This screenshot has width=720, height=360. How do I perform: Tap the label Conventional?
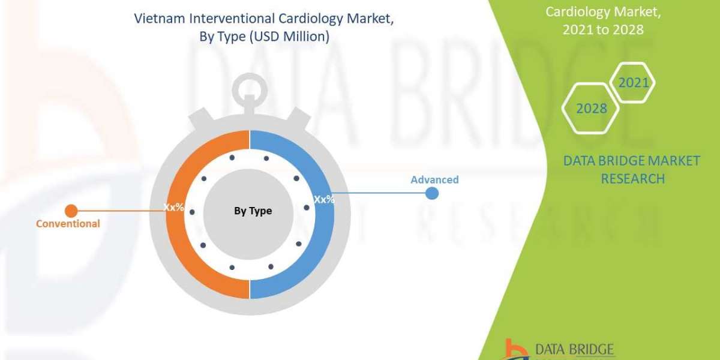[68, 224]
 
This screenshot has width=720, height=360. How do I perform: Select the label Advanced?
[434, 179]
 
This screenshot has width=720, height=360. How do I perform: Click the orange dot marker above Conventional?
[71, 211]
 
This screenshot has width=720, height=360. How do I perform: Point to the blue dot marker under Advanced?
[431, 193]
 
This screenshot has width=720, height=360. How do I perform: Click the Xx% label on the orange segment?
[174, 207]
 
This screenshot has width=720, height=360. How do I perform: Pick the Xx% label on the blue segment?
[324, 199]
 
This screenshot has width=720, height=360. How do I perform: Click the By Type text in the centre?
[253, 211]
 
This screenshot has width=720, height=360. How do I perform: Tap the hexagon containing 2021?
[634, 83]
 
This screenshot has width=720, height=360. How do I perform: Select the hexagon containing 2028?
[591, 109]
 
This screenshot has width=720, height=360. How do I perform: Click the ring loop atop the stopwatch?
[250, 91]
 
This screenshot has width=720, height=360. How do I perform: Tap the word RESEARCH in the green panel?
[632, 178]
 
